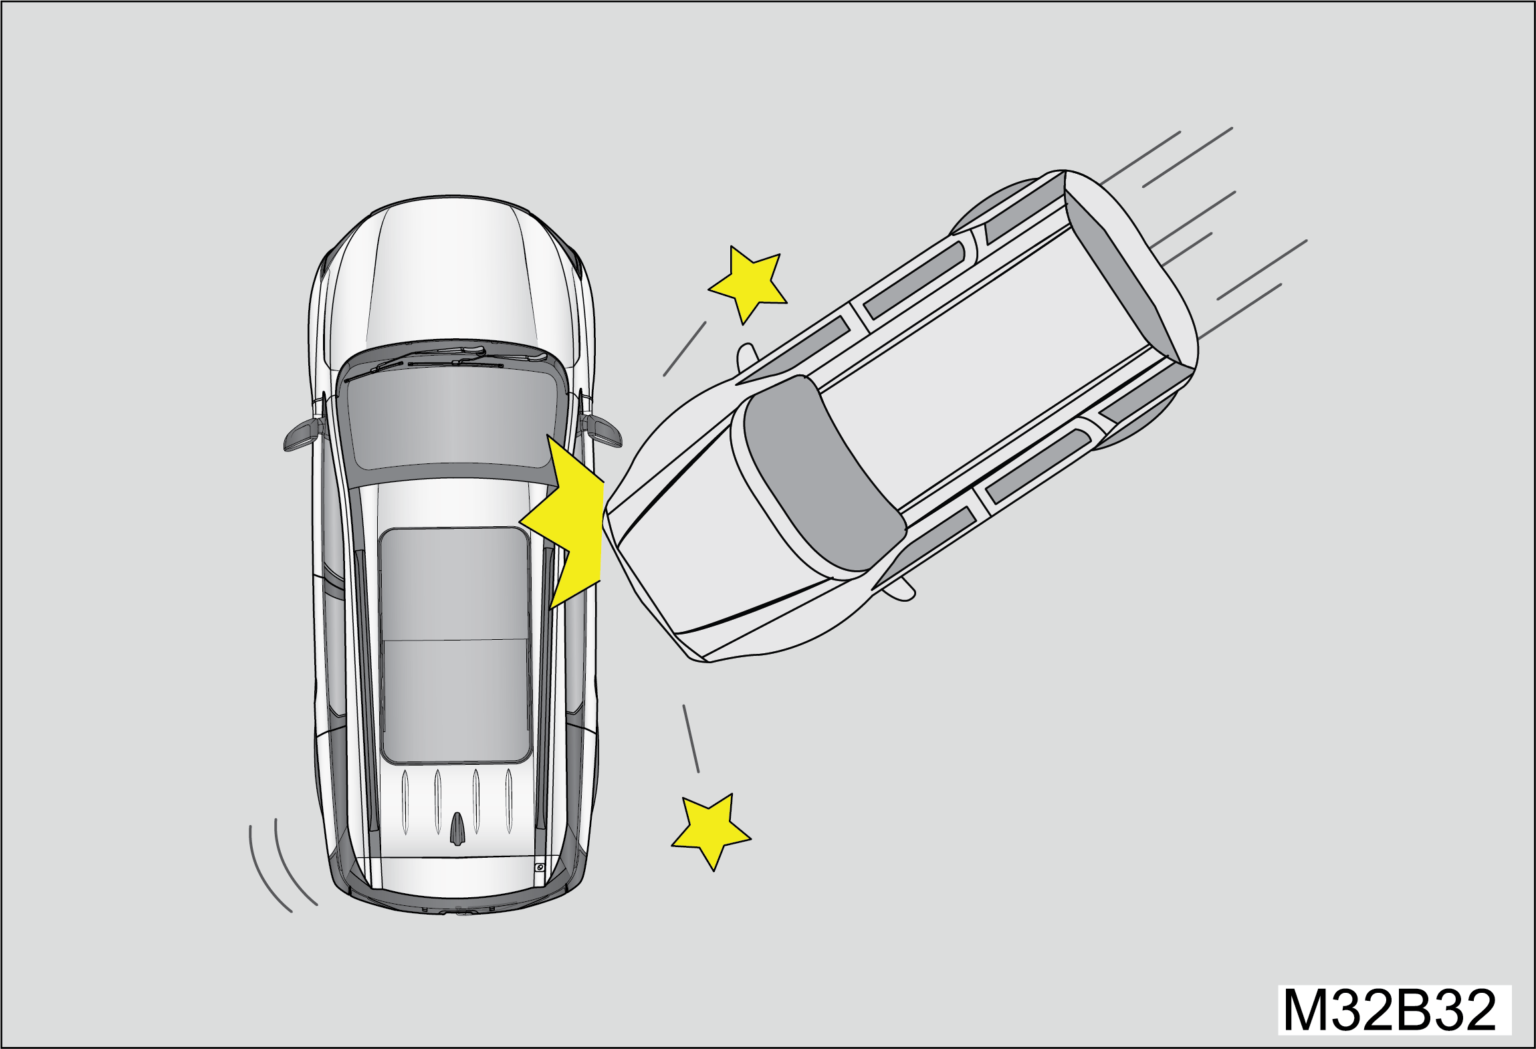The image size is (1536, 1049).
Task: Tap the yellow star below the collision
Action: (711, 831)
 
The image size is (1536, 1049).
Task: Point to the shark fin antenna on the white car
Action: (457, 829)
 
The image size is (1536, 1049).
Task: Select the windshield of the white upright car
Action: (453, 418)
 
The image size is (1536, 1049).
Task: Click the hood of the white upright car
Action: (453, 274)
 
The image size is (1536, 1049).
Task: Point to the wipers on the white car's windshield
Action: (441, 359)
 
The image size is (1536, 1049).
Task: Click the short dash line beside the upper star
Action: (685, 349)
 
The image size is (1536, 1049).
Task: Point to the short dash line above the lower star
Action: (691, 739)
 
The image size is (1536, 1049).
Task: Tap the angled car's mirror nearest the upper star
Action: (746, 357)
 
